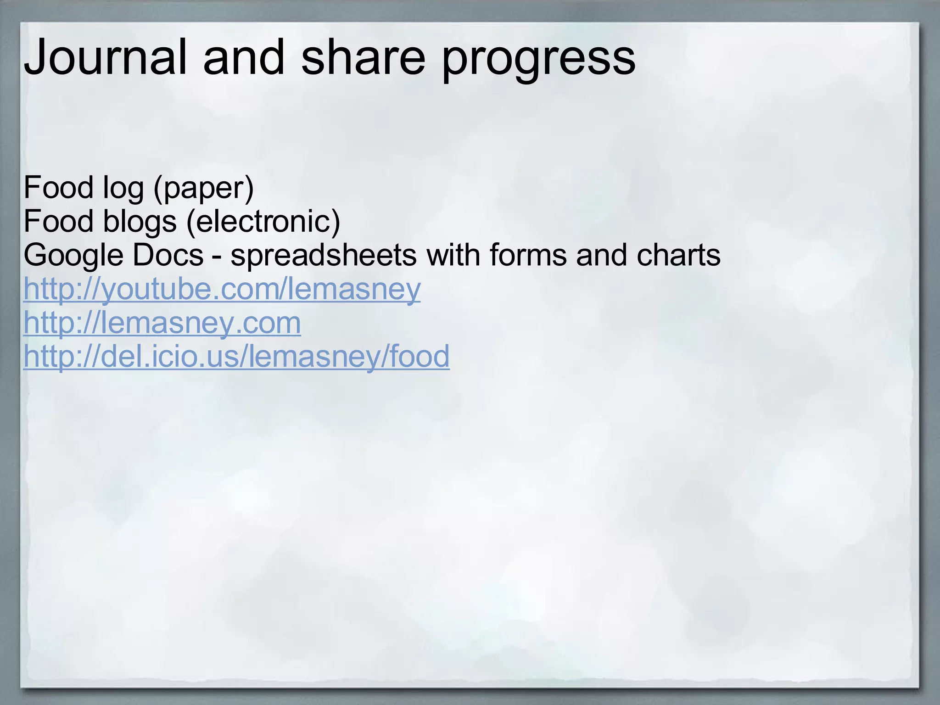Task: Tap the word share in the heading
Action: coord(363,57)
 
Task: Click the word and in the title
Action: coord(244,57)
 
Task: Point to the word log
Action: coord(123,188)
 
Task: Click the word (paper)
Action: coord(203,188)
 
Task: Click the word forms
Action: coord(528,255)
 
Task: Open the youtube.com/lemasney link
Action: coord(222,290)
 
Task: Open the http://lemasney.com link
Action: coord(162,323)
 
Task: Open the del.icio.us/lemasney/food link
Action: coord(236,357)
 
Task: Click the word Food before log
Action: coord(58,188)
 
